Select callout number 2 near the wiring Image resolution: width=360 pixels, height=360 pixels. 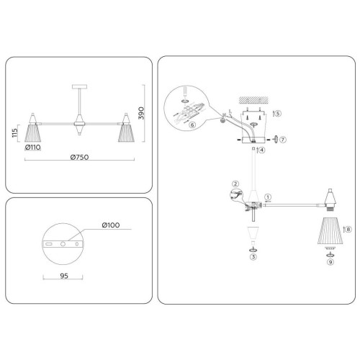[235, 184]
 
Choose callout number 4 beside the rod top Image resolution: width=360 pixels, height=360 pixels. [263, 150]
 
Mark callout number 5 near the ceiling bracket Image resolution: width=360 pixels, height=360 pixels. [279, 113]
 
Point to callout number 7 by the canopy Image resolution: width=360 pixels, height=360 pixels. [284, 138]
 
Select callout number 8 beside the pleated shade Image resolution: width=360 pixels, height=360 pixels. [348, 229]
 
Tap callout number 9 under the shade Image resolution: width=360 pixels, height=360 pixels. [330, 262]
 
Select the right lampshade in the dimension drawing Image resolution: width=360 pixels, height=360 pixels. [127, 132]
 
